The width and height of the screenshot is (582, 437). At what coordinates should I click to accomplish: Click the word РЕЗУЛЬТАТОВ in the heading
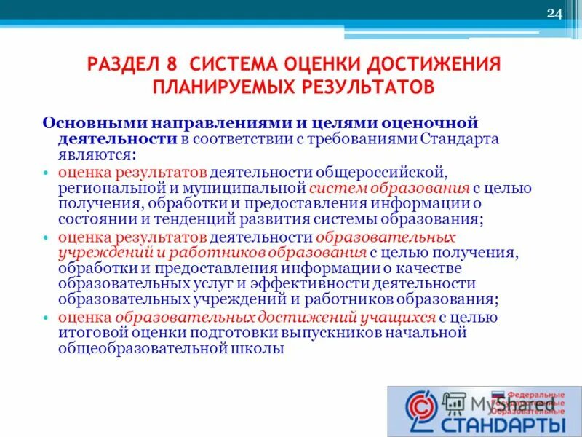[369, 87]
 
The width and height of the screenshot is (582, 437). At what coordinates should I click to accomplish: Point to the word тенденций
[172, 219]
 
